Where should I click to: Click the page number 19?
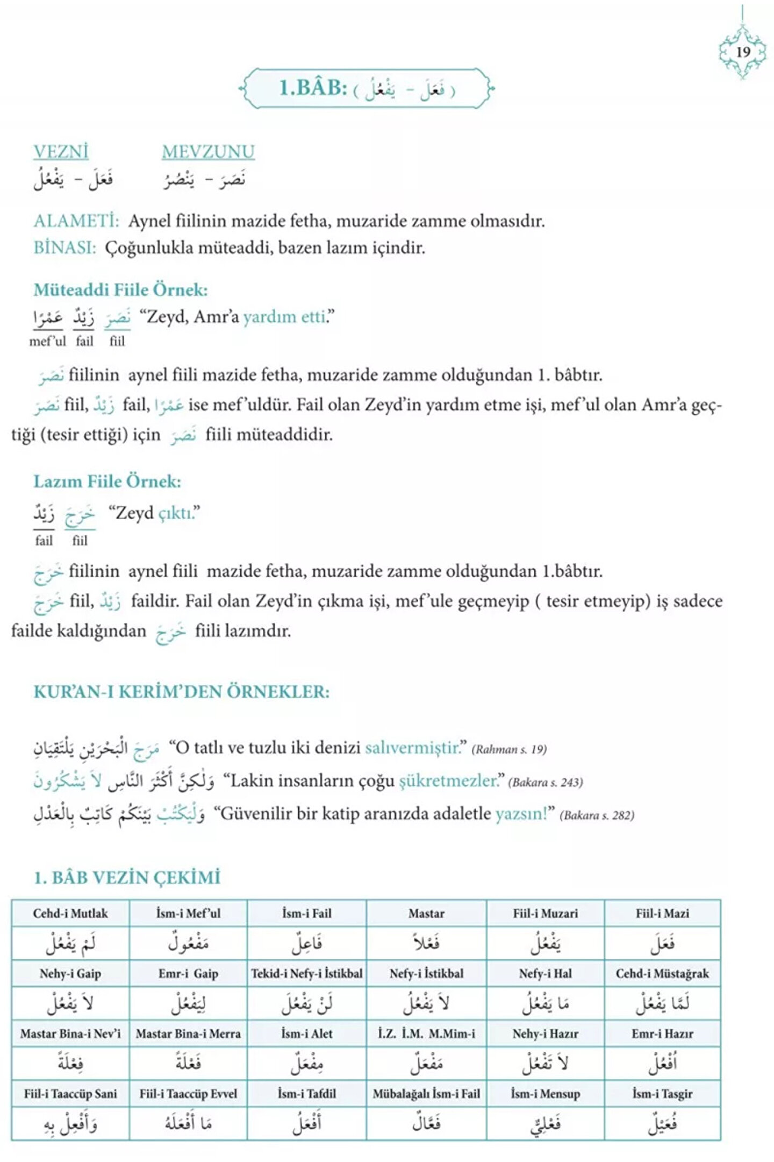tap(743, 52)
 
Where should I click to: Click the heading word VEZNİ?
tap(61, 152)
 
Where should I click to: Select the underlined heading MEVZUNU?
tap(208, 152)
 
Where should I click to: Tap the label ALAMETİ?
tap(76, 221)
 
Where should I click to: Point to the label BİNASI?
tap(65, 248)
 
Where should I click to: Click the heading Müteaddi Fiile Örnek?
tap(120, 290)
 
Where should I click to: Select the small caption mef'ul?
tap(48, 341)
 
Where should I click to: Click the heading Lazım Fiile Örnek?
tap(107, 481)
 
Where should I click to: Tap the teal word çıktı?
tap(176, 513)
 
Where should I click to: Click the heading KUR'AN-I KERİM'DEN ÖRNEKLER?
tap(181, 692)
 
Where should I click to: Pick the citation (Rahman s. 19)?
tap(509, 749)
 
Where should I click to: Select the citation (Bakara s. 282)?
tap(597, 816)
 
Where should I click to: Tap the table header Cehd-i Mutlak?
tap(70, 913)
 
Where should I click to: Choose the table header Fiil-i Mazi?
tap(662, 913)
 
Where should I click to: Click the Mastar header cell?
tap(426, 913)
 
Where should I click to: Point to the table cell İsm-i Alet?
tap(307, 1034)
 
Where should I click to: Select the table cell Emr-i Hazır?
tap(662, 1034)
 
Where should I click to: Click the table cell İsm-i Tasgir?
tap(662, 1094)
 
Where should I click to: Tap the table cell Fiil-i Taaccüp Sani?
tap(70, 1094)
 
